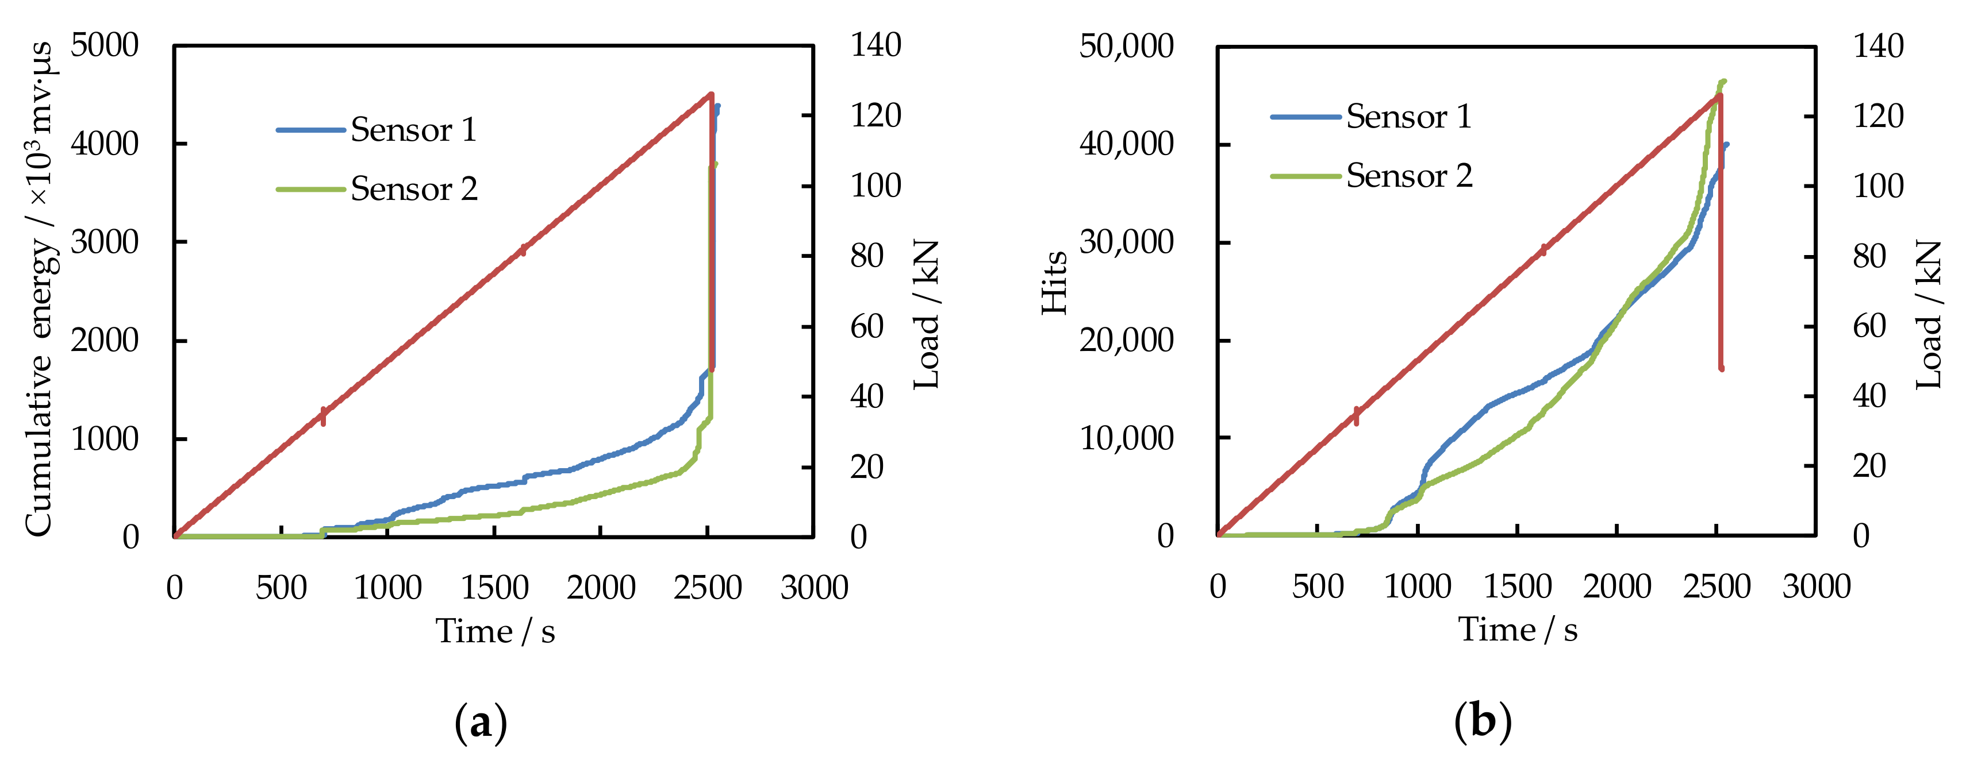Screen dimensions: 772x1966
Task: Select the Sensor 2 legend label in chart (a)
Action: [x=414, y=188]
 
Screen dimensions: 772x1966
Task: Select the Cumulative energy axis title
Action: [x=39, y=290]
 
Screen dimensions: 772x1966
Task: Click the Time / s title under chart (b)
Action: [x=1517, y=630]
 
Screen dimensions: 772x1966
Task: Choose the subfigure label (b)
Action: [x=1482, y=721]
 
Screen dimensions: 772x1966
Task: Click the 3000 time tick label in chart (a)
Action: [x=813, y=588]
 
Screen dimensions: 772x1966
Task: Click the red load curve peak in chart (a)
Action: [x=711, y=95]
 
